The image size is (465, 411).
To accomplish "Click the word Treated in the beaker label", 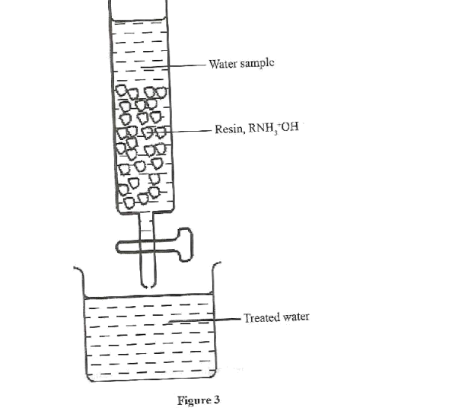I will click(x=260, y=317).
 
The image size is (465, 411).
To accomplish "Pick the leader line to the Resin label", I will click(x=190, y=131).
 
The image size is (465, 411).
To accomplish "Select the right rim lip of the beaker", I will click(x=218, y=266).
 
